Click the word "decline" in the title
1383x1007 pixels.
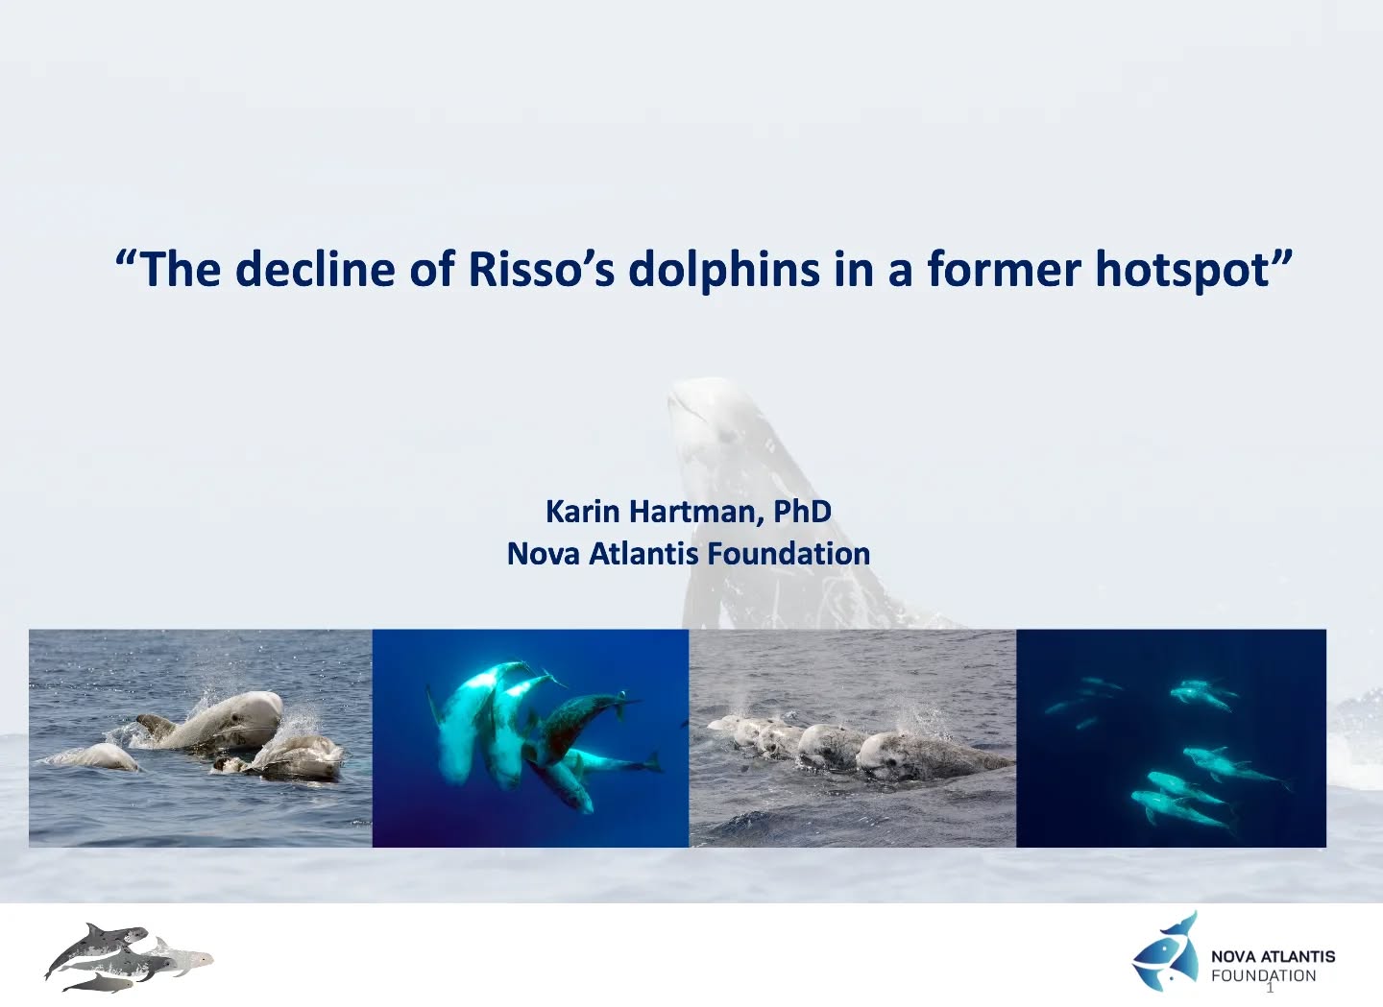316,269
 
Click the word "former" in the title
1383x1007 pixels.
1004,269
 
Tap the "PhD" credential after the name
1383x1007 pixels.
802,511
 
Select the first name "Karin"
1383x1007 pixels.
582,511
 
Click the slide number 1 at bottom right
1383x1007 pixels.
1270,989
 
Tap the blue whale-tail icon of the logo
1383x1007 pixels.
1167,951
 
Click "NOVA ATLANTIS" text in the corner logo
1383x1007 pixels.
1273,956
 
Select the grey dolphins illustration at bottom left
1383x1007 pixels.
129,958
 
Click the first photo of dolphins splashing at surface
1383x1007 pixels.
200,737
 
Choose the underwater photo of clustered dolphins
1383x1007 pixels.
530,737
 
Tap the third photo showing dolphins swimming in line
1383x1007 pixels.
852,737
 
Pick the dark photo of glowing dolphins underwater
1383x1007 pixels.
1171,737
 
